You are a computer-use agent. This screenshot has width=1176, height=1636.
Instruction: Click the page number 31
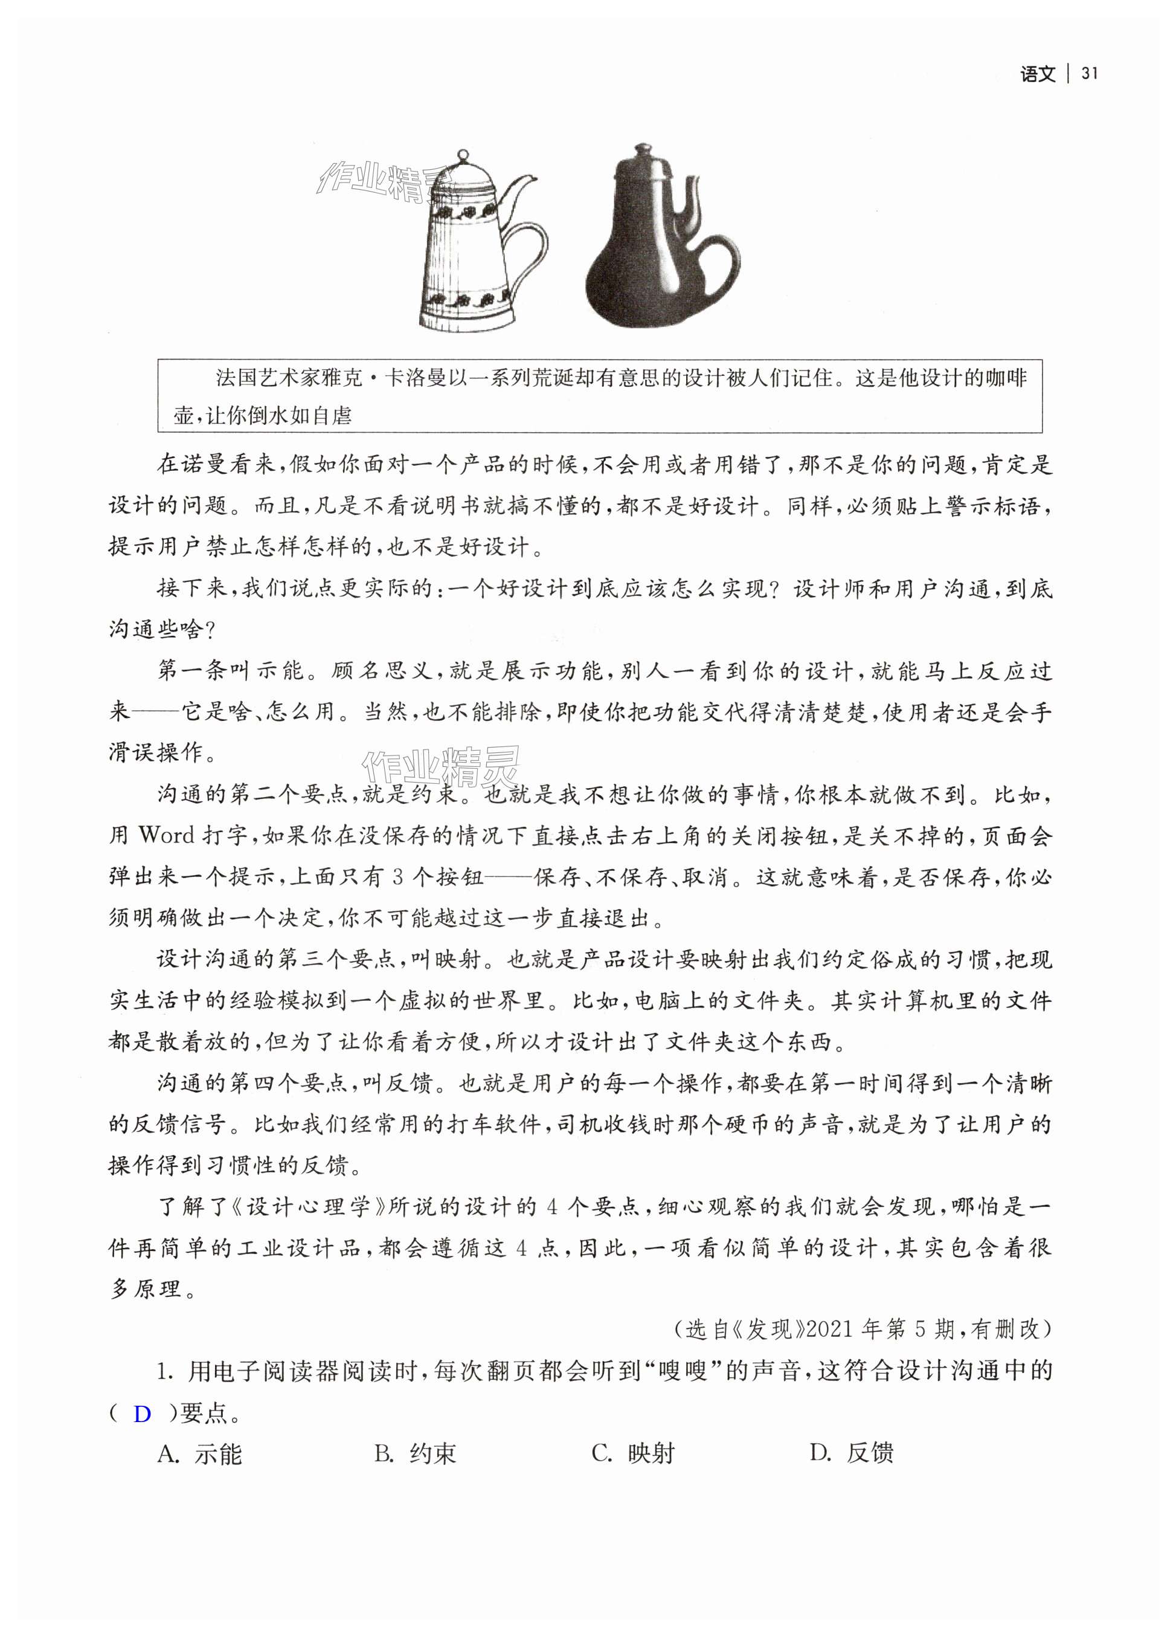click(x=1089, y=74)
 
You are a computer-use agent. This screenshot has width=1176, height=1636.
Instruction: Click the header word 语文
click(x=1038, y=74)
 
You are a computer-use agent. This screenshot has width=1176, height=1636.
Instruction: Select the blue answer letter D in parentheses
click(x=142, y=1435)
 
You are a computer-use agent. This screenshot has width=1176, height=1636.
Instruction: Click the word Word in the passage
click(x=167, y=836)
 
